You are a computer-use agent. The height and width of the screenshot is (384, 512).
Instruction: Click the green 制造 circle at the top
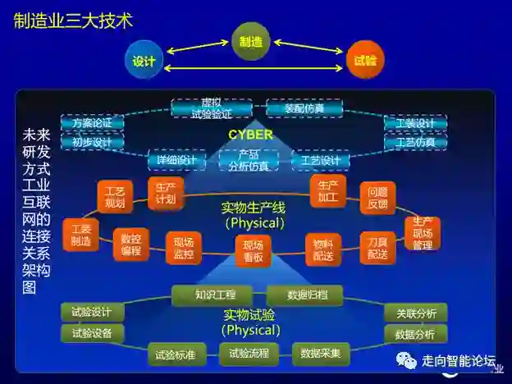pos(250,41)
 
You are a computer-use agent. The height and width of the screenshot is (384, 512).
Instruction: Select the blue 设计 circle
pos(144,61)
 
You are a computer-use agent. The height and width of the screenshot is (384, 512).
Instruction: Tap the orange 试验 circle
pos(365,61)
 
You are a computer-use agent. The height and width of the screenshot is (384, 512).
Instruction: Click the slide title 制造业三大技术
pos(73,21)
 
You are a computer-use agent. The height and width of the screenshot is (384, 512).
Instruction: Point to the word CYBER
pos(250,135)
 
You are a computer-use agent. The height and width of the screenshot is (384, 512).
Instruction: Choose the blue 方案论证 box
pos(92,123)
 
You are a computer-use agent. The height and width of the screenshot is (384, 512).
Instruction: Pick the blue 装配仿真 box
pos(304,107)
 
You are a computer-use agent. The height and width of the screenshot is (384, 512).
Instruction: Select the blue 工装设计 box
pos(415,123)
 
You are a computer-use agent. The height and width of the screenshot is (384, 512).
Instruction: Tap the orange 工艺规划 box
pos(115,197)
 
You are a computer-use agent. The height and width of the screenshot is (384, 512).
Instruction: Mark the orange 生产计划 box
pos(165,191)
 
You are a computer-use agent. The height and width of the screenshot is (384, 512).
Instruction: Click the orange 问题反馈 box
pos(377,198)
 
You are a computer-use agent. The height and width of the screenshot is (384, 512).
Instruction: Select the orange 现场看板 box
pos(253,250)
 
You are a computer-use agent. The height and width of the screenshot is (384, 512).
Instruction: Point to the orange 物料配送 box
pos(323,249)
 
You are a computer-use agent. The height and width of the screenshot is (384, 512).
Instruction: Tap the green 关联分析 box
pos(415,313)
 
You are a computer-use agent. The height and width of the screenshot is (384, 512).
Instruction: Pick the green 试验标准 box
pos(176,355)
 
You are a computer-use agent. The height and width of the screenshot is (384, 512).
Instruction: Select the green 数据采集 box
pos(321,354)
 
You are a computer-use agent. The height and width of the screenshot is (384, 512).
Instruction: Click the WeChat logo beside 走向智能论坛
pos(406,361)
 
